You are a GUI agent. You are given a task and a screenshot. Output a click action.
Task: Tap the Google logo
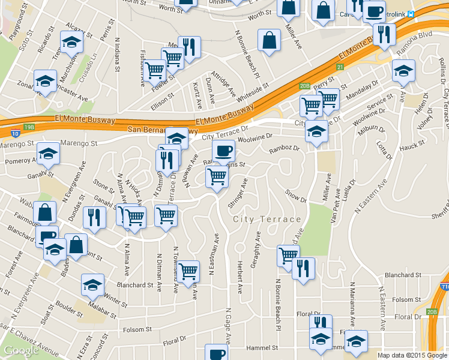(x=21, y=350)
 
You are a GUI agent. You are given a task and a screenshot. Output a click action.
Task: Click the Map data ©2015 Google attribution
(x=412, y=355)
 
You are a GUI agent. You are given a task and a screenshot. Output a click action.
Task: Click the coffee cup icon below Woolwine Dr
(x=223, y=151)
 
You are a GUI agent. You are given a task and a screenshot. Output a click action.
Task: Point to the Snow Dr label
(x=296, y=196)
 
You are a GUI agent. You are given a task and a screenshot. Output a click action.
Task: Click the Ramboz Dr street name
(x=284, y=148)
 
